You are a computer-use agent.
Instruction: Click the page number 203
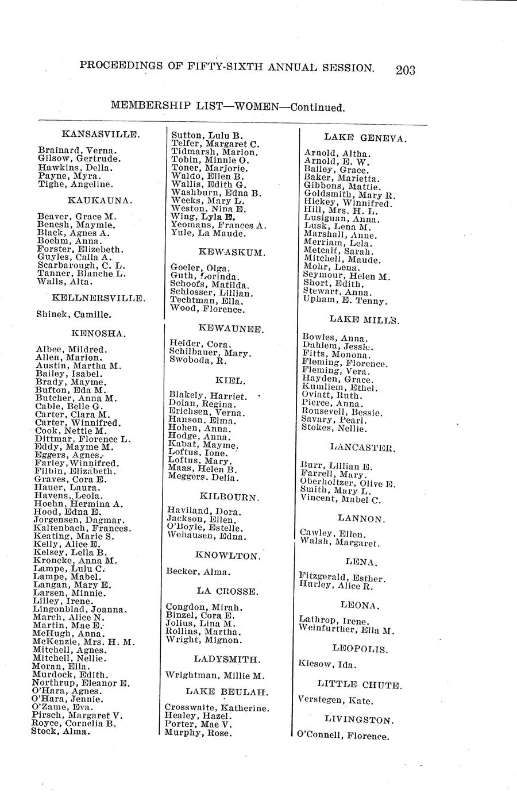point(404,70)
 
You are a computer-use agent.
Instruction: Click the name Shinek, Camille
point(74,315)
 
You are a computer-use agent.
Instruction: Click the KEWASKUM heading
point(223,252)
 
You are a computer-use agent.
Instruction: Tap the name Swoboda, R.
point(198,361)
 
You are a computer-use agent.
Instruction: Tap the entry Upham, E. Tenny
point(345,301)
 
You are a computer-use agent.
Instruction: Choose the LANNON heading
point(360,519)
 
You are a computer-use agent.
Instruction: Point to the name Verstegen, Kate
point(336,701)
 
